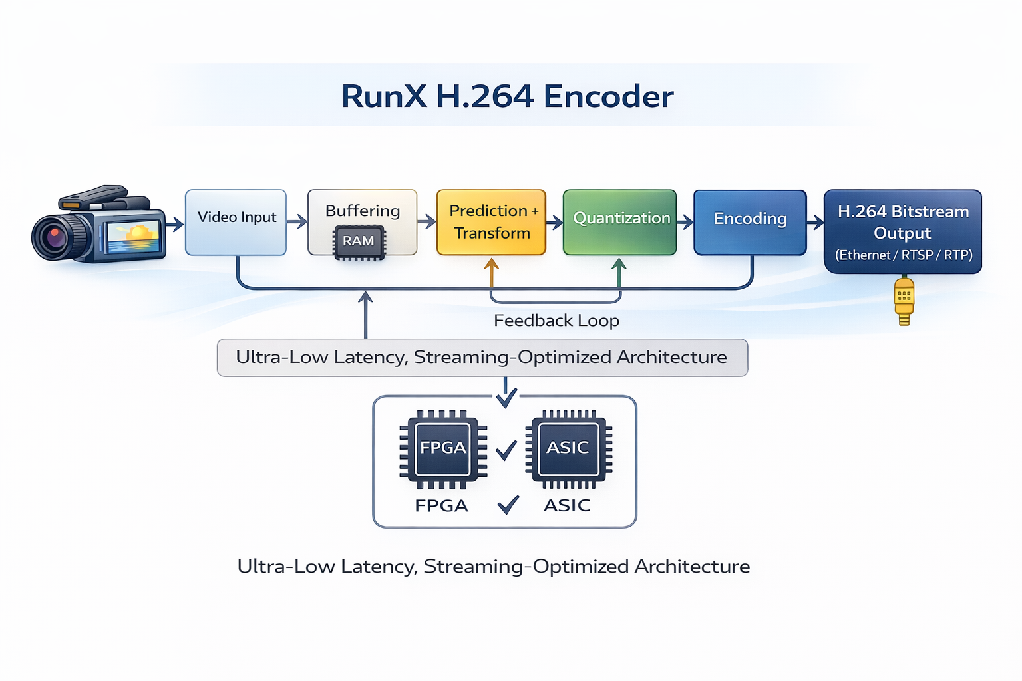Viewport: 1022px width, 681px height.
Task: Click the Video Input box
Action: coord(236,222)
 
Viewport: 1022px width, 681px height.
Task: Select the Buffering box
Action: coord(362,211)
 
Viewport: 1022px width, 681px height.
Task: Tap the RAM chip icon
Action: coord(359,241)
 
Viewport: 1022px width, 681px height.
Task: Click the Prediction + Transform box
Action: coord(491,222)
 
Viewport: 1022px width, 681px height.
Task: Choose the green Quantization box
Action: coord(619,222)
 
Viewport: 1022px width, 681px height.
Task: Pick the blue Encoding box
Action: coord(750,222)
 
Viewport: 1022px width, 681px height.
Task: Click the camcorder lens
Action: coord(53,237)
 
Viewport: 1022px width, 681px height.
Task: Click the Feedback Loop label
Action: coord(556,321)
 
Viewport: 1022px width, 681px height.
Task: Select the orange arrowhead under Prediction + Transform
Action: coord(491,265)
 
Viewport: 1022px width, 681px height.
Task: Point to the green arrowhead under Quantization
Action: coord(619,265)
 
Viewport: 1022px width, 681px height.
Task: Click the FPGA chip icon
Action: coord(442,448)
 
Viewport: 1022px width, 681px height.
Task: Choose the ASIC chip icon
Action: coord(568,448)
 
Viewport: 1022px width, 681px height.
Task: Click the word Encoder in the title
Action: coord(608,97)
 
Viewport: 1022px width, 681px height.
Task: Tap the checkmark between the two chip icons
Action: coord(506,450)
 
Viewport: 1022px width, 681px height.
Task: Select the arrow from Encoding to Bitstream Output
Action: coord(815,223)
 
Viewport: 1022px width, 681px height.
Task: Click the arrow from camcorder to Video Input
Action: coord(175,225)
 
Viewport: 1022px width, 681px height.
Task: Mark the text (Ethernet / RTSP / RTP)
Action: coord(904,255)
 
